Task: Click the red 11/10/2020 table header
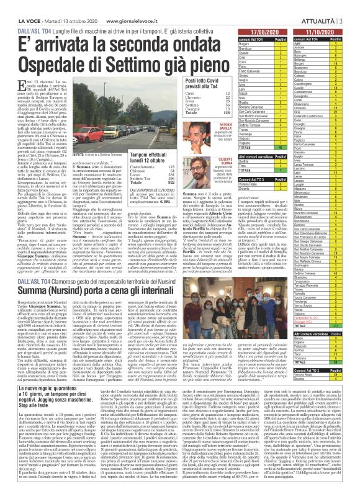[320, 30]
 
